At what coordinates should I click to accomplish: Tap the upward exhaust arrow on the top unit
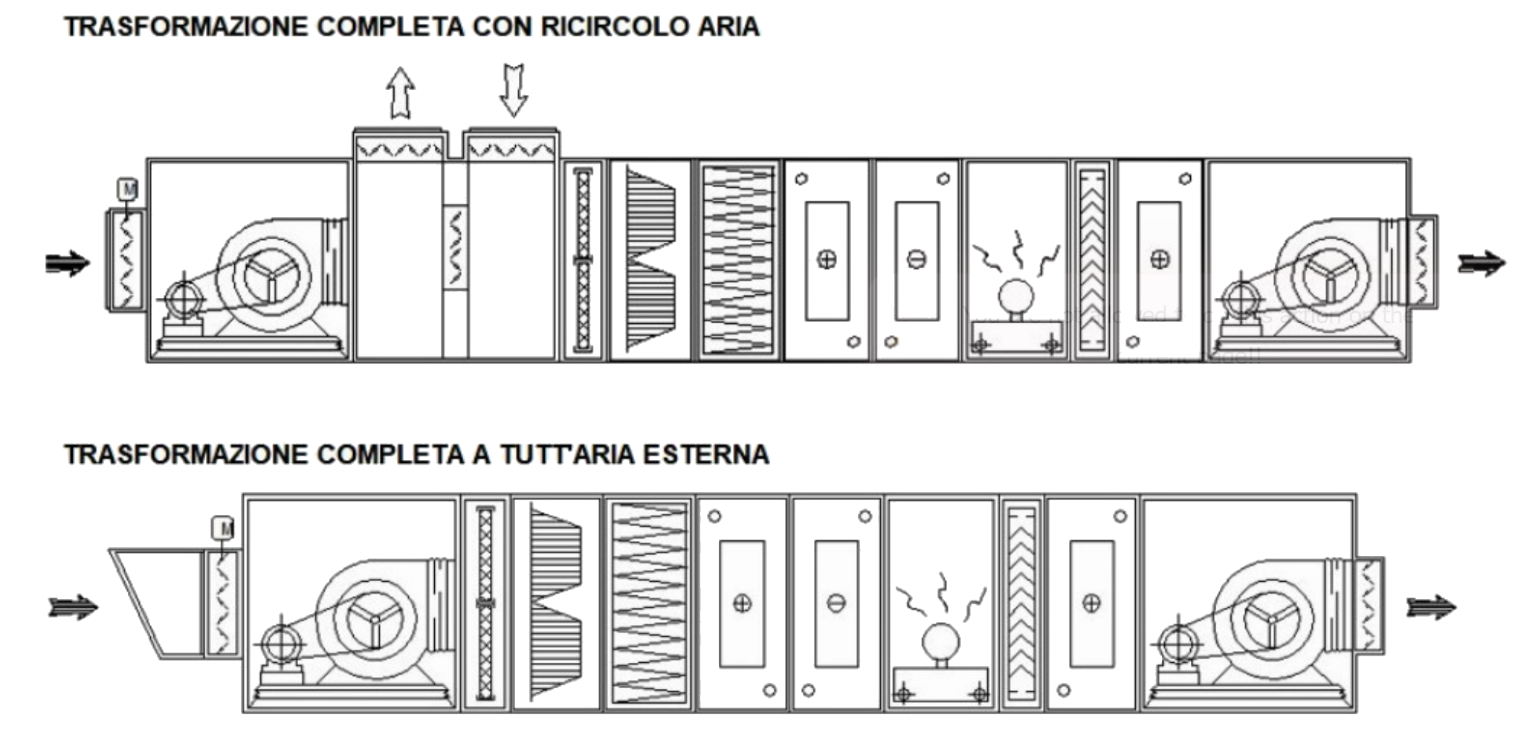401,93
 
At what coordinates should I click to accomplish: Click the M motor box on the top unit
128,190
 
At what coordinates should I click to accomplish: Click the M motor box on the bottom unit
223,528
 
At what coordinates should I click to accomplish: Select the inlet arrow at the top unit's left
68,263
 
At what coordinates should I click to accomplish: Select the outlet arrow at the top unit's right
1481,263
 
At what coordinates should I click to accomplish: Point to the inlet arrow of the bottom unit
73,607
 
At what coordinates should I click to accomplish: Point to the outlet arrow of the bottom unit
1431,607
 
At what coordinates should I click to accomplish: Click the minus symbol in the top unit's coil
917,259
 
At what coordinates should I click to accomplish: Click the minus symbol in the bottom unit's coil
836,603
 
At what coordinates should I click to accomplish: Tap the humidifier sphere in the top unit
1015,297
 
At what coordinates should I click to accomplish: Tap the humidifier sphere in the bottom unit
940,641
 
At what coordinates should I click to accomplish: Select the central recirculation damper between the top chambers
455,247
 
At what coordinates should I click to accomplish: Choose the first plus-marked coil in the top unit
827,259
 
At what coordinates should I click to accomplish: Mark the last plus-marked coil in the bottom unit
1091,603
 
